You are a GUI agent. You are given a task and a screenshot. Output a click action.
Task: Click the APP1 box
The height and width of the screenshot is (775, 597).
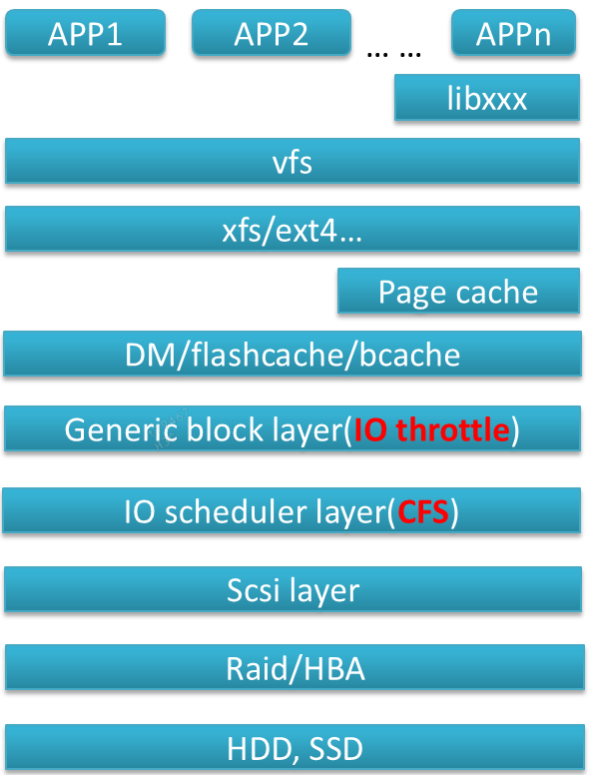click(x=85, y=33)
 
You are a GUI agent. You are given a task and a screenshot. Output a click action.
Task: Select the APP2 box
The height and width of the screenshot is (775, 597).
click(x=271, y=33)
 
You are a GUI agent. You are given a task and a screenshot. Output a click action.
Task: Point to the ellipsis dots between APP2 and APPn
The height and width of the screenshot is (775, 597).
click(x=394, y=51)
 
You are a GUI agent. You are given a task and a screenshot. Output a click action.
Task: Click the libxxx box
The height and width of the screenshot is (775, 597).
click(x=487, y=98)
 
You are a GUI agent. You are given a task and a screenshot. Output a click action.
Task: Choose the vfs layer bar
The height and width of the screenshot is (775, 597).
click(x=293, y=162)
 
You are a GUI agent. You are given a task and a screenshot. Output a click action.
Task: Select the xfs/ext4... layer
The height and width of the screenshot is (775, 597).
click(x=293, y=229)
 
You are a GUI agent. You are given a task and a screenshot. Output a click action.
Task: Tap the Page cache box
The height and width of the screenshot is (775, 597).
click(x=458, y=292)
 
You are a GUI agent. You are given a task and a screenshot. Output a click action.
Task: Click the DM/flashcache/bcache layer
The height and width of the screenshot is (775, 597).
click(x=293, y=355)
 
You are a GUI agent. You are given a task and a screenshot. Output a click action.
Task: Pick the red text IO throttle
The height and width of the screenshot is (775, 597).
click(x=431, y=429)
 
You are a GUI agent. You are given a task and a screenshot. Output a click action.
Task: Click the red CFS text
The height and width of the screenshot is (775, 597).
click(x=423, y=511)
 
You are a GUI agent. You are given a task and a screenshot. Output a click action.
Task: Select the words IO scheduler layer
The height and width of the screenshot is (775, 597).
click(x=254, y=511)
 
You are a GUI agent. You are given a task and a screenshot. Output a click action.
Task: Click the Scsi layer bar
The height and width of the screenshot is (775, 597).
click(x=293, y=590)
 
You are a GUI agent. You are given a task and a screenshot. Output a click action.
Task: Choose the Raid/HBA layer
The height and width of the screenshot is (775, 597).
click(x=293, y=668)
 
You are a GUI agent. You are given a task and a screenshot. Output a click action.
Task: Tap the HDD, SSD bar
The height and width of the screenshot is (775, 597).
click(x=293, y=747)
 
